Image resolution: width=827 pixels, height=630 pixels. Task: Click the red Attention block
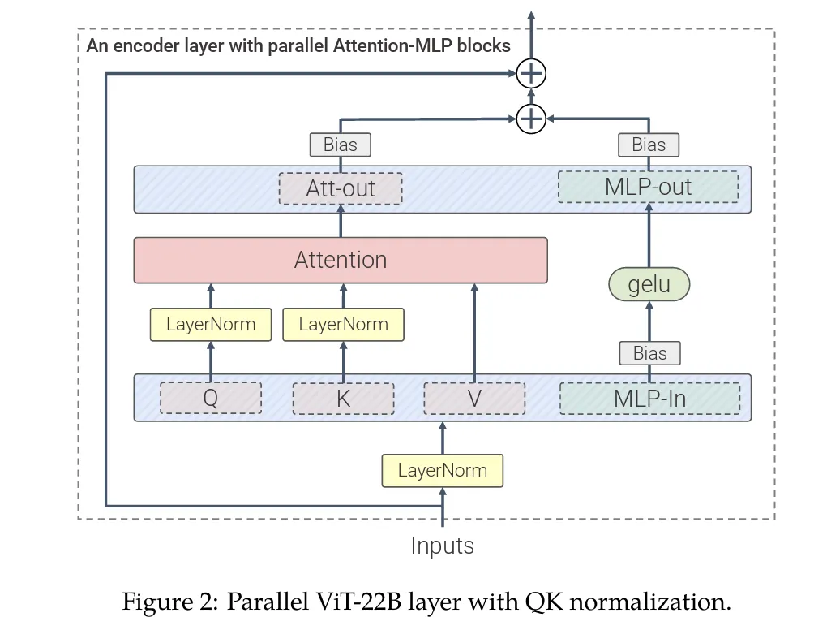[x=341, y=260]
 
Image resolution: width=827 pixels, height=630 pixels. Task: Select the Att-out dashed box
[x=341, y=188]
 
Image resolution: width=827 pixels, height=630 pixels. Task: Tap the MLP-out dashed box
[x=648, y=187]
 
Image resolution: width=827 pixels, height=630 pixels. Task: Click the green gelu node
[x=649, y=285]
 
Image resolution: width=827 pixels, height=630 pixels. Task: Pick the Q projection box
[x=211, y=398]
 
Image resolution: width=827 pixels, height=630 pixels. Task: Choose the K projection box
[x=343, y=398]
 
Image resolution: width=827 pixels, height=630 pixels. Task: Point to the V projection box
[x=474, y=398]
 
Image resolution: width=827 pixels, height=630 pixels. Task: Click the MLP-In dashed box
[x=649, y=398]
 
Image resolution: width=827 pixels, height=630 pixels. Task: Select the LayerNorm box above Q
[x=211, y=325]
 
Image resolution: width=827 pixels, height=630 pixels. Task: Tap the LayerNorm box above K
[x=343, y=325]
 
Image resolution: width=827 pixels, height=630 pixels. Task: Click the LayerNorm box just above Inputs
[x=442, y=470]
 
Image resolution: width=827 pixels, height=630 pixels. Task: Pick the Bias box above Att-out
[x=341, y=145]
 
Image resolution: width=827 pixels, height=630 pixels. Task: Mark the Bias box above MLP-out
[x=649, y=145]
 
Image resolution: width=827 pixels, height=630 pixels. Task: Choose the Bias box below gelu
[x=649, y=353]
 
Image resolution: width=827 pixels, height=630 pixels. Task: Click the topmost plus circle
[x=531, y=75]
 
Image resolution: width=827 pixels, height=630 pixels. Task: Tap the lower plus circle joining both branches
[x=531, y=119]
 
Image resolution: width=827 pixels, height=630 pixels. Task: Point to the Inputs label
[x=442, y=546]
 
